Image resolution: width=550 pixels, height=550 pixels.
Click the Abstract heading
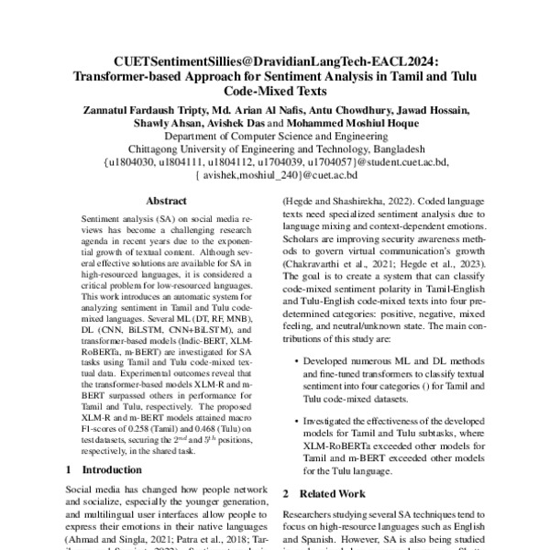point(165,199)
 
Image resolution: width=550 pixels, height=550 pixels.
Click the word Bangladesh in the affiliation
point(391,148)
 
